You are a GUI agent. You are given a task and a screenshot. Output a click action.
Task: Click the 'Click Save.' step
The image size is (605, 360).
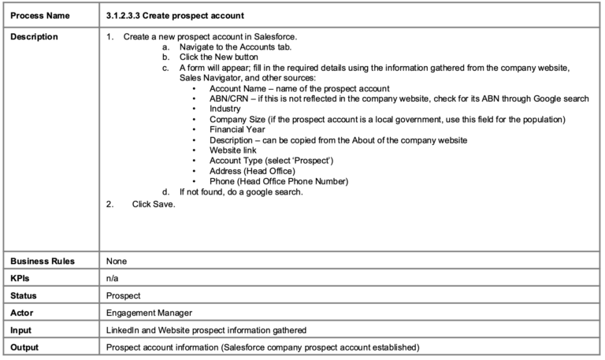click(x=154, y=204)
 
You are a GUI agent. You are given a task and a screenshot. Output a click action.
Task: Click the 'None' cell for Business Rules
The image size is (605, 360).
click(x=117, y=261)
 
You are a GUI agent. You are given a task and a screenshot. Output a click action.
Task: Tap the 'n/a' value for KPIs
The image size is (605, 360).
click(x=113, y=278)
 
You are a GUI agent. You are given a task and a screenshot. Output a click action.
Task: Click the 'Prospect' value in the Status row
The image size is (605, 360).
click(x=122, y=295)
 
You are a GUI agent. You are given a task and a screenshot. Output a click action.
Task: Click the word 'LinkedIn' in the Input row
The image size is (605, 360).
click(x=124, y=330)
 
